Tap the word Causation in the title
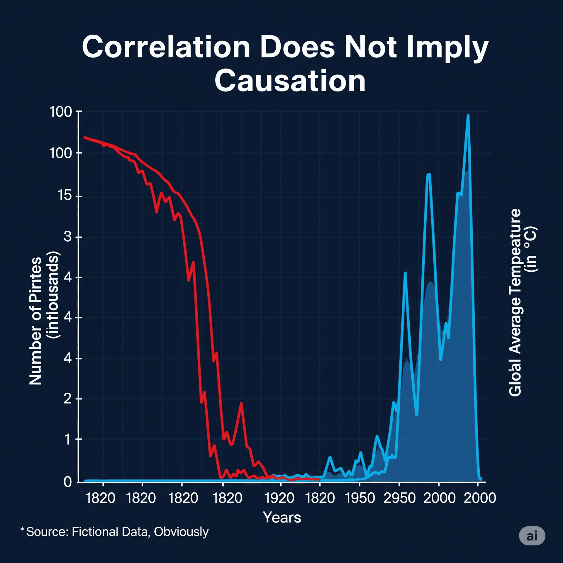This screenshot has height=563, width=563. click(290, 81)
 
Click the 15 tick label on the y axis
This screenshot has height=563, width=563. click(65, 195)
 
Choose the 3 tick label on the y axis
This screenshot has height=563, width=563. click(68, 236)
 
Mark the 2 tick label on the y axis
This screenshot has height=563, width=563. click(68, 398)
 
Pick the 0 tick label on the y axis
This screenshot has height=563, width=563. click(68, 482)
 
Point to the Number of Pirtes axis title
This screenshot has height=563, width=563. click(36, 321)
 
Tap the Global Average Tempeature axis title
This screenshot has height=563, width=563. click(515, 302)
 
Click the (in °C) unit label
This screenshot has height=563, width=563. click(532, 249)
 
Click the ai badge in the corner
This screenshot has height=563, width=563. click(532, 536)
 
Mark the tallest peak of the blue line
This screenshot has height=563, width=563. click(468, 116)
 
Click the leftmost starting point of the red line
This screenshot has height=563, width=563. click(85, 137)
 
